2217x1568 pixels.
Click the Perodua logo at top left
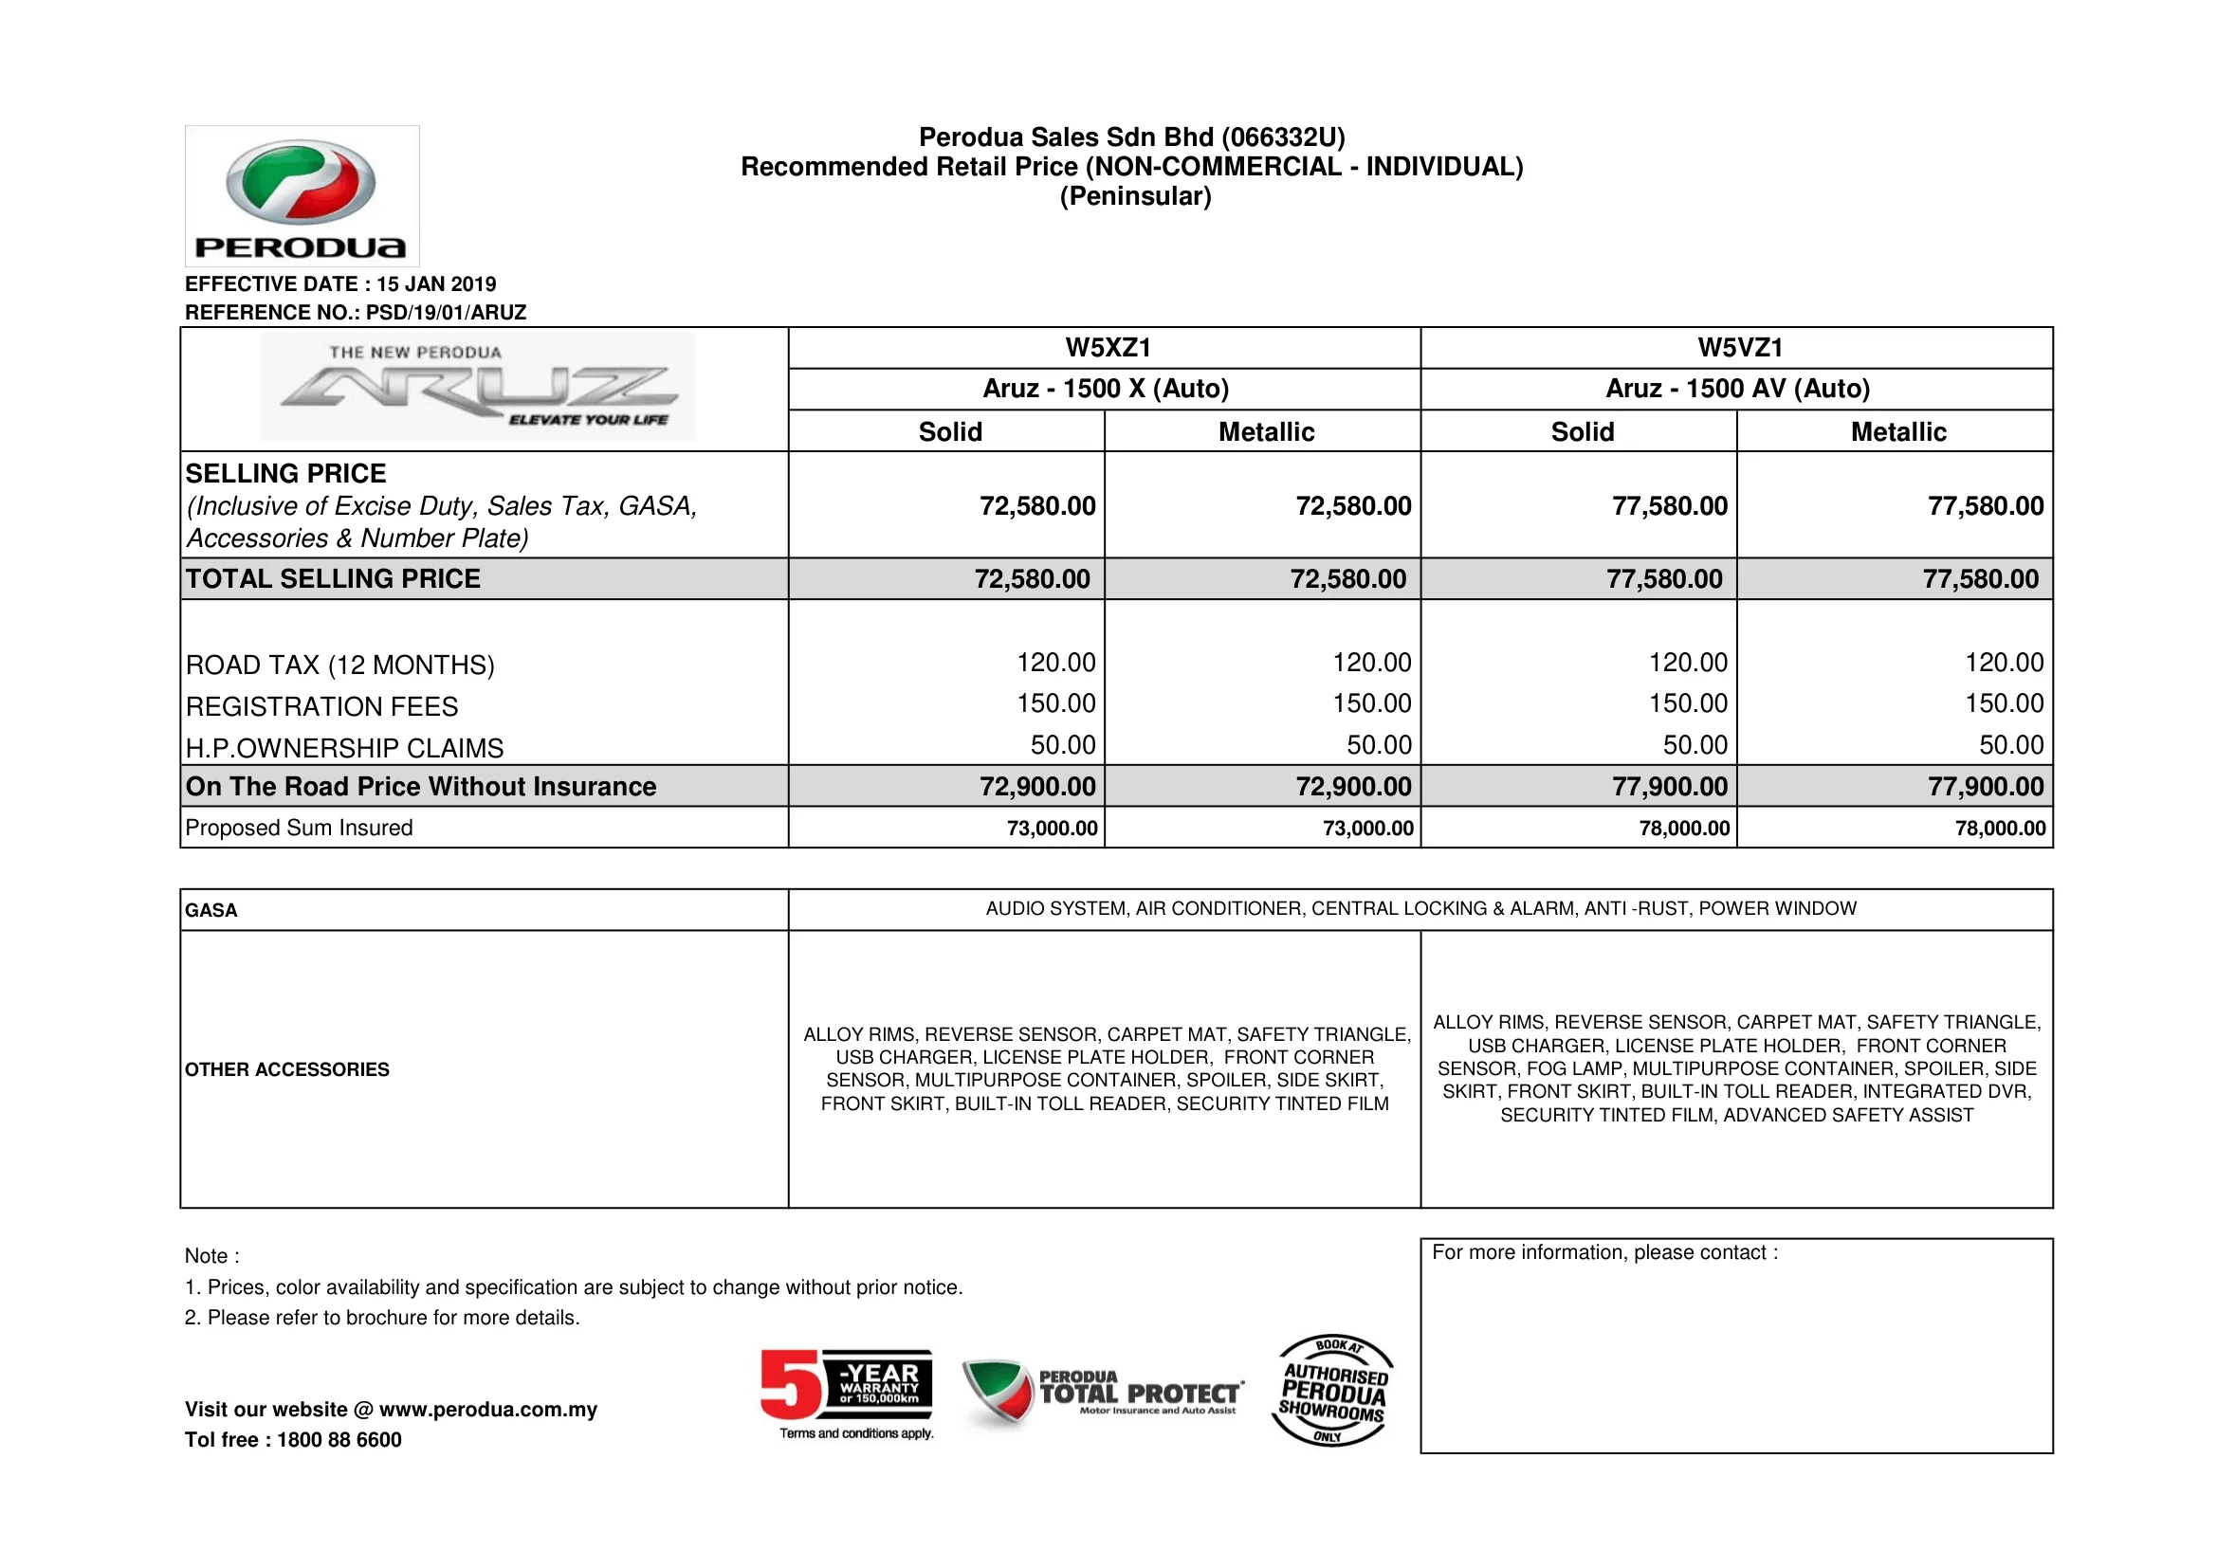click(x=302, y=196)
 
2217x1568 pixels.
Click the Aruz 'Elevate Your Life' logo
click(x=478, y=387)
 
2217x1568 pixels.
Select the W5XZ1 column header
click(x=1108, y=348)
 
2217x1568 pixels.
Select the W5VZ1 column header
click(x=1740, y=348)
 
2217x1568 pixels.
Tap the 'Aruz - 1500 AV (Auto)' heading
click(x=1737, y=388)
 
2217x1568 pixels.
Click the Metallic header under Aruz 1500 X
click(x=1266, y=431)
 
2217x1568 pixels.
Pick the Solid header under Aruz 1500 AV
click(x=1582, y=431)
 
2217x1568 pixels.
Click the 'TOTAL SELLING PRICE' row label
click(x=333, y=578)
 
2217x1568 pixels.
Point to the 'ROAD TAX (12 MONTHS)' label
click(x=339, y=665)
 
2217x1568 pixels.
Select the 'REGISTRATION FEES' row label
click(x=321, y=707)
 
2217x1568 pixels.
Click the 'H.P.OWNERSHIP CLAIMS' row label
click(x=345, y=748)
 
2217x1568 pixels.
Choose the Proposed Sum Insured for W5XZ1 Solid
click(x=1052, y=829)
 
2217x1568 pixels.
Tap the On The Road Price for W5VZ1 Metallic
click(x=1986, y=787)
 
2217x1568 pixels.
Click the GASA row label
click(x=211, y=910)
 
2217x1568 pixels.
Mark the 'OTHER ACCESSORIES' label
click(x=286, y=1069)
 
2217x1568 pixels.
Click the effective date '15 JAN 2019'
click(x=436, y=283)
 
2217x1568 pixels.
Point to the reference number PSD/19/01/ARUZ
click(x=446, y=313)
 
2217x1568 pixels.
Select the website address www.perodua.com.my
click(x=487, y=1410)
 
